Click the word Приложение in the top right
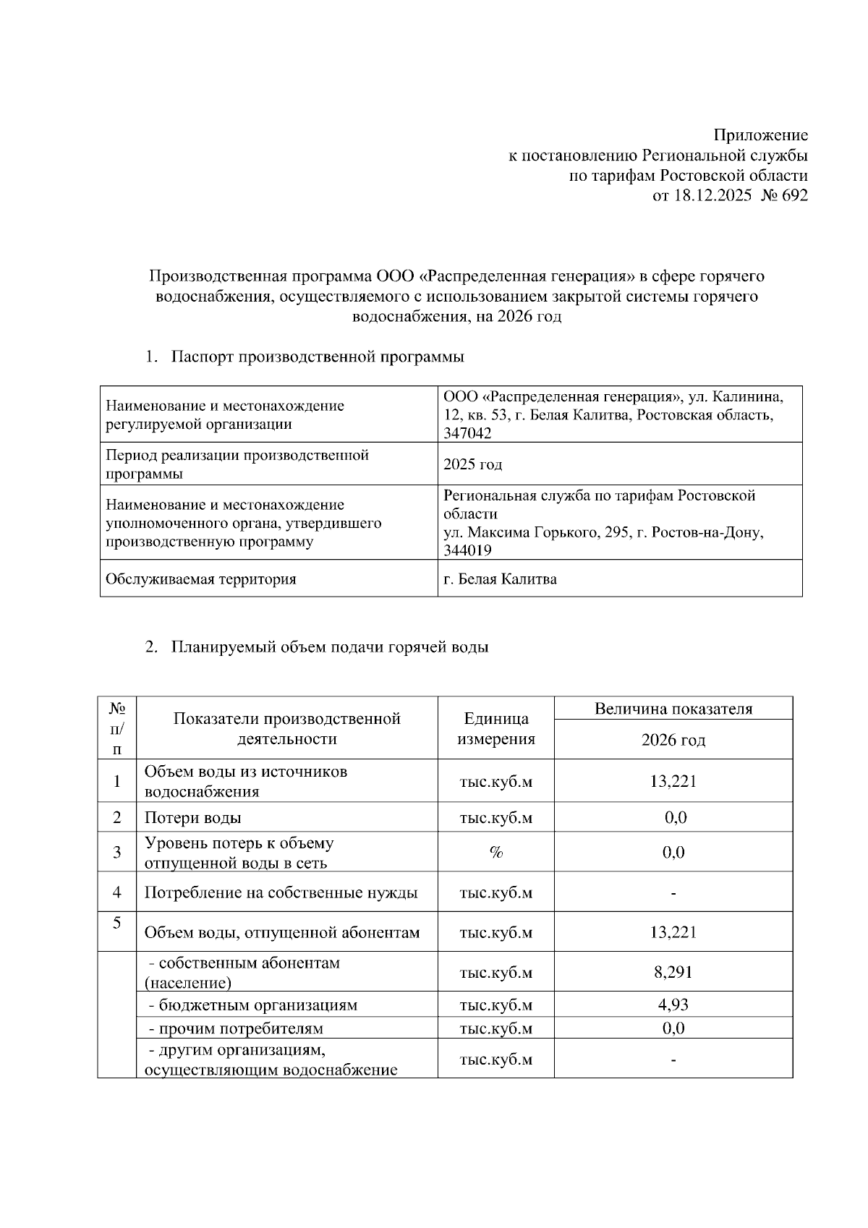pyautogui.click(x=760, y=135)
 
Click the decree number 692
pyautogui.click(x=794, y=195)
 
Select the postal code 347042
pyautogui.click(x=467, y=433)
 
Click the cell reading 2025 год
pyautogui.click(x=472, y=464)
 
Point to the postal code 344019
pyautogui.click(x=467, y=550)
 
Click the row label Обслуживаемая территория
pyautogui.click(x=200, y=579)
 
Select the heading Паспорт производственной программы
pyautogui.click(x=318, y=357)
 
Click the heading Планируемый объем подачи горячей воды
pyautogui.click(x=330, y=647)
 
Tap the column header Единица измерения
pyautogui.click(x=495, y=728)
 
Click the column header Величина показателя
pyautogui.click(x=673, y=709)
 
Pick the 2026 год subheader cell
pyautogui.click(x=673, y=740)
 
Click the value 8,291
pyautogui.click(x=673, y=972)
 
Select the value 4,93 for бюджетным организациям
pyautogui.click(x=673, y=1005)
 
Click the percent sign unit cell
pyautogui.click(x=495, y=853)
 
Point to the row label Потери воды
pyautogui.click(x=192, y=818)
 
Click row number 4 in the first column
pyautogui.click(x=117, y=892)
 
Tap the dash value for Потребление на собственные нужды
pyautogui.click(x=673, y=893)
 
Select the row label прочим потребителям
pyautogui.click(x=235, y=1028)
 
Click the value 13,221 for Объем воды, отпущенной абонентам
pyautogui.click(x=673, y=932)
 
